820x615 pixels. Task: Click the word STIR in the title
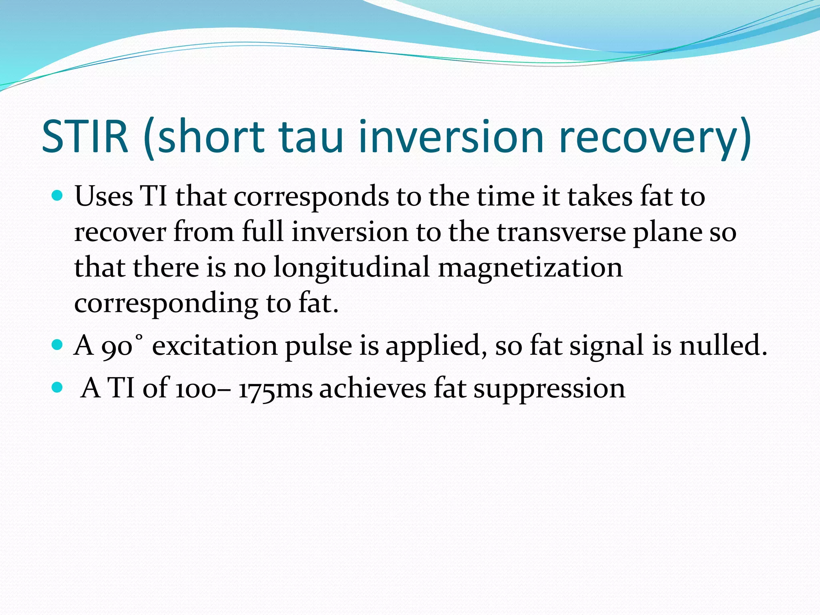tap(85, 137)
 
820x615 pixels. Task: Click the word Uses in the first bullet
tap(104, 197)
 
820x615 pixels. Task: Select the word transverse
tap(561, 232)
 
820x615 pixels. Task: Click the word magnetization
tap(530, 267)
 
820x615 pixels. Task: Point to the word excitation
tap(215, 346)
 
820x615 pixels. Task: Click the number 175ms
tap(275, 388)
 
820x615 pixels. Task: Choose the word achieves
tap(372, 388)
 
